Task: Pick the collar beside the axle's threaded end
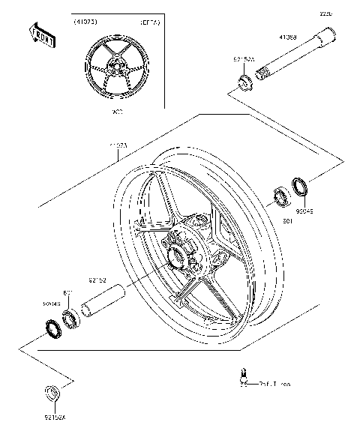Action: tap(244, 81)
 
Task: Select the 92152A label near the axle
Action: tap(244, 58)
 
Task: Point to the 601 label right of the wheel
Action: tap(286, 222)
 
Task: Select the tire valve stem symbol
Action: tap(244, 378)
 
